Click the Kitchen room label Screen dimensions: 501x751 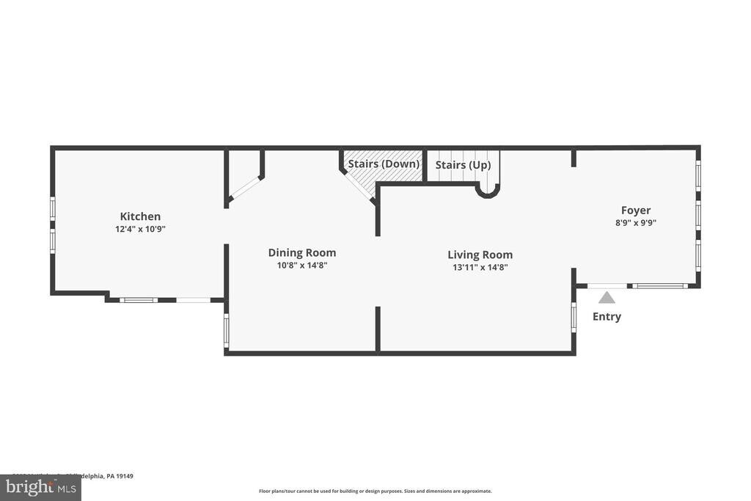click(140, 216)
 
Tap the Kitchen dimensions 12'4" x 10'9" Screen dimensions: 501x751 click(140, 229)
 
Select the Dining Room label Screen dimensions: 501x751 click(301, 253)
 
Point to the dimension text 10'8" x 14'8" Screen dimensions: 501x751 click(301, 266)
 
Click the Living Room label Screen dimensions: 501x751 click(480, 255)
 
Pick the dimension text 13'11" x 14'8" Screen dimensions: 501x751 click(480, 268)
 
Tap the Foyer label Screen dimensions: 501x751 click(636, 211)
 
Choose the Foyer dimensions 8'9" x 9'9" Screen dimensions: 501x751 click(636, 222)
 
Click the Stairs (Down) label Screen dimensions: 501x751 click(384, 164)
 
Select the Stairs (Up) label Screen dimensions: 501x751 click(463, 166)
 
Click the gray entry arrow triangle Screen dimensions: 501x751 click(607, 298)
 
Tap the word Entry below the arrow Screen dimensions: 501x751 click(607, 317)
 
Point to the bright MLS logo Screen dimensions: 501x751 click(40, 488)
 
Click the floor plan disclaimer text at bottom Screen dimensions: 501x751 click(375, 491)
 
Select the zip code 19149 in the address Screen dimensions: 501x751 click(123, 476)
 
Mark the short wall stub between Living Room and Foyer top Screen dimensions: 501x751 click(574, 158)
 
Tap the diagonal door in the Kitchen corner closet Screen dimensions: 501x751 click(244, 187)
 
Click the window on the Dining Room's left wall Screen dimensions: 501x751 click(226, 330)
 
